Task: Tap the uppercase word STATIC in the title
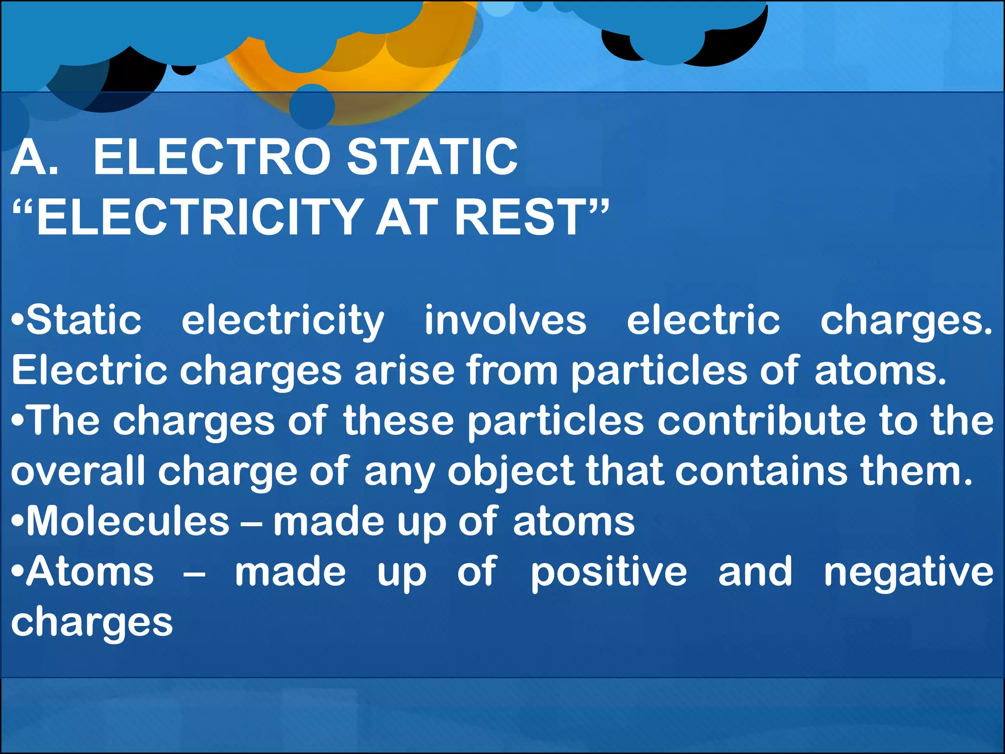click(432, 157)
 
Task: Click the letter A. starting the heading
click(34, 157)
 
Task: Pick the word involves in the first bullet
click(505, 320)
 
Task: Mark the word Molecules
click(128, 521)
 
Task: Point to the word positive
click(608, 573)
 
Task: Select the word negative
click(908, 573)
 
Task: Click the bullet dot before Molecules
click(18, 521)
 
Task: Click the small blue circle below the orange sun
click(312, 107)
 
